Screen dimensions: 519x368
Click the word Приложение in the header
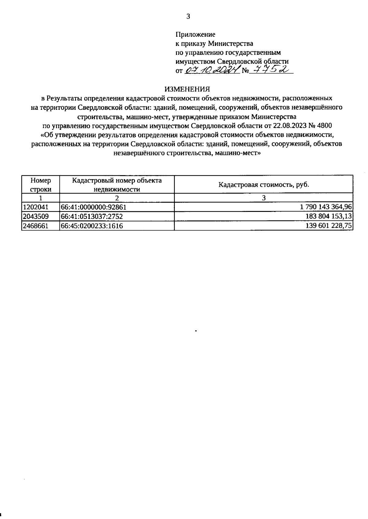pos(195,35)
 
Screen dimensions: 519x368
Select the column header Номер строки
pos(40,185)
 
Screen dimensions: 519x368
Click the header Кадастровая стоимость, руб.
pos(264,185)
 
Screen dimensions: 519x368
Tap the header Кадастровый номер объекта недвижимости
pos(117,185)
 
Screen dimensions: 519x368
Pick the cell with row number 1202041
pos(36,207)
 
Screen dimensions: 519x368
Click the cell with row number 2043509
pos(36,216)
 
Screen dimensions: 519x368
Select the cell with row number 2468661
pos(36,226)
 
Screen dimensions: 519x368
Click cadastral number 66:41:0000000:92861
pos(94,207)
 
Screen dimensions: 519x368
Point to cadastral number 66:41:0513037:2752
pos(92,216)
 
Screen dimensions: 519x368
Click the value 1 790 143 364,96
pos(326,207)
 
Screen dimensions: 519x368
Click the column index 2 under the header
pos(117,198)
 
